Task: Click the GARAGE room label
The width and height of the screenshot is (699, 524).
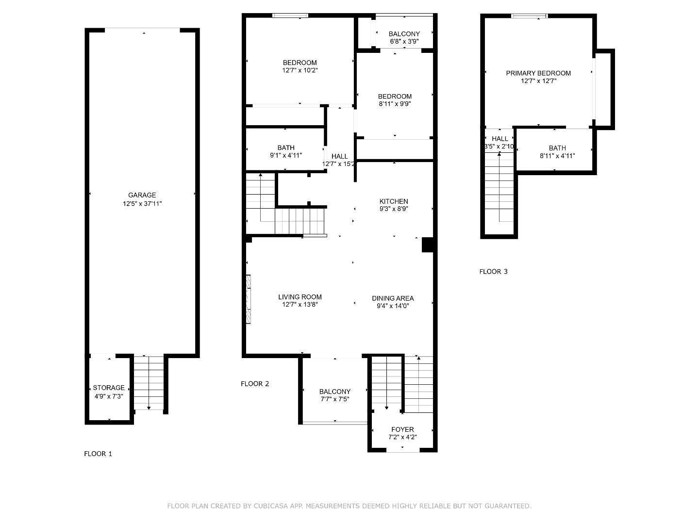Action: tap(142, 195)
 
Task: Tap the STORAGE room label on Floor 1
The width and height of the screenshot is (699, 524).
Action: tap(109, 388)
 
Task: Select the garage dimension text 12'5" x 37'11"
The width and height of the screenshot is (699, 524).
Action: tap(142, 204)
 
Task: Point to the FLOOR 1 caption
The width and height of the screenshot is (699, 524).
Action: tap(98, 454)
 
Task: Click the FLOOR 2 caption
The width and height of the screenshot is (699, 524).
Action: tap(255, 384)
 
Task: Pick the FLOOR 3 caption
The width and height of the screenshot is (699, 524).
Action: tap(493, 271)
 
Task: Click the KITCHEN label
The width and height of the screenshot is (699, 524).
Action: tap(394, 201)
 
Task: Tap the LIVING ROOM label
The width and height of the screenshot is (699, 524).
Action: tap(300, 297)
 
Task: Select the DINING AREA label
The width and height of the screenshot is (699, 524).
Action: tap(393, 298)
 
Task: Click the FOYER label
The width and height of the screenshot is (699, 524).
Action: tap(402, 429)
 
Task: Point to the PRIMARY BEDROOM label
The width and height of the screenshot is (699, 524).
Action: tap(538, 73)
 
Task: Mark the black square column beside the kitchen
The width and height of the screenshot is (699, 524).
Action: tap(428, 245)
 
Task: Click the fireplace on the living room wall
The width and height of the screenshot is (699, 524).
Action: tap(249, 299)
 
